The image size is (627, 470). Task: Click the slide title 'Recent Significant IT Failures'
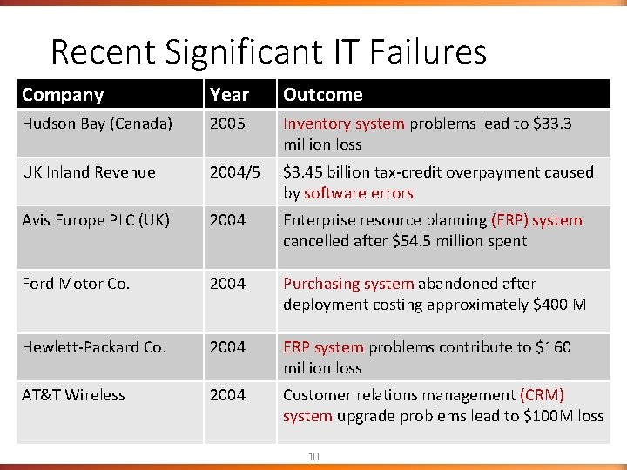[268, 52]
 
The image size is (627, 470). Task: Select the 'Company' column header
[63, 95]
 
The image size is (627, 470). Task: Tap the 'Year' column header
[229, 95]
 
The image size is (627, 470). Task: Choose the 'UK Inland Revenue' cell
[89, 172]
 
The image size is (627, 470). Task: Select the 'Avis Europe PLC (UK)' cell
[97, 220]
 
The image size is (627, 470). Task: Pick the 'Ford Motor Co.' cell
[76, 284]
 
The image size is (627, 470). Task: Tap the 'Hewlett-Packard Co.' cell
[93, 347]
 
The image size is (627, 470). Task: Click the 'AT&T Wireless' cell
[73, 395]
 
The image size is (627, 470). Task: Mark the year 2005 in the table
[227, 124]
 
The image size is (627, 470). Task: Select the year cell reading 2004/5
[234, 172]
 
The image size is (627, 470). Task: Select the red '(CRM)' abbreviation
[542, 395]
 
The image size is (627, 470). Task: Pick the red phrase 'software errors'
[359, 193]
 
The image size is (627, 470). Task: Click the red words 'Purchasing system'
[348, 284]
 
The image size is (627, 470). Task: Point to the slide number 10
[313, 457]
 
